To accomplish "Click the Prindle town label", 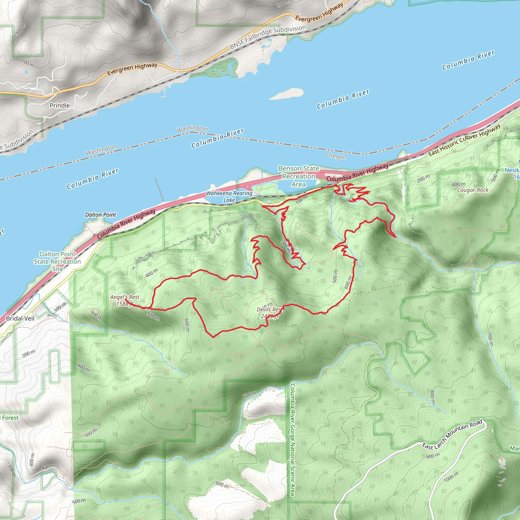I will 59,106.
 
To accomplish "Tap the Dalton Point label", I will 100,215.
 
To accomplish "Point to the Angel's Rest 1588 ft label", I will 125,300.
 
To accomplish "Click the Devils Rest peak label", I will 269,313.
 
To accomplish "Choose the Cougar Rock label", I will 473,190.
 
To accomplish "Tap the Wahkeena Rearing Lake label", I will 229,197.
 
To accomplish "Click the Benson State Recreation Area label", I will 299,176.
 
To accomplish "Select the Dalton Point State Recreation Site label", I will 57,261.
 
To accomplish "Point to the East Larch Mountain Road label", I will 452,434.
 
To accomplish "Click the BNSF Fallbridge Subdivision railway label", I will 268,37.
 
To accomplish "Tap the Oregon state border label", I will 336,156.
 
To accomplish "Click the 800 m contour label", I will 432,397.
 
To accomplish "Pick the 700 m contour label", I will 490,339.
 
